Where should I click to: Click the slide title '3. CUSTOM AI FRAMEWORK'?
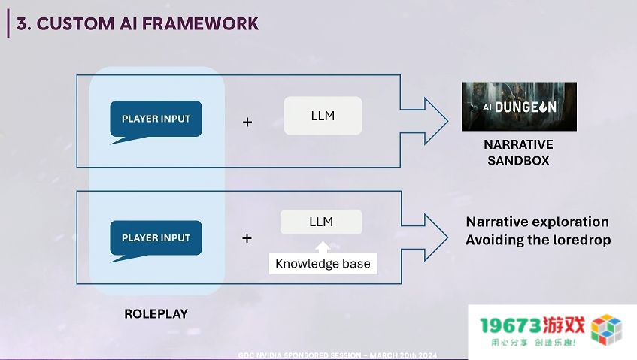pyautogui.click(x=138, y=23)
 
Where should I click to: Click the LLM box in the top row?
pyautogui.click(x=323, y=116)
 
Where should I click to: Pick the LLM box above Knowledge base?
pyautogui.click(x=321, y=222)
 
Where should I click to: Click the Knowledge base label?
pyautogui.click(x=323, y=263)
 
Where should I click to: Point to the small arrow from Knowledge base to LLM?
pyautogui.click(x=323, y=247)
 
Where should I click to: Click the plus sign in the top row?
pyautogui.click(x=247, y=122)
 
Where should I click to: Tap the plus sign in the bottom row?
pyautogui.click(x=247, y=237)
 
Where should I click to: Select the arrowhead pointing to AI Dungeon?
pyautogui.click(x=436, y=121)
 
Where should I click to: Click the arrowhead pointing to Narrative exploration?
pyautogui.click(x=436, y=237)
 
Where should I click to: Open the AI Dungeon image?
pyautogui.click(x=519, y=107)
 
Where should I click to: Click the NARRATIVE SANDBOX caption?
pyautogui.click(x=518, y=153)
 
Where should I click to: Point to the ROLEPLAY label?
pyautogui.click(x=156, y=313)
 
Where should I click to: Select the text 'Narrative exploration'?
pyautogui.click(x=538, y=222)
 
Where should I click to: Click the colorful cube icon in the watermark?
pyautogui.click(x=606, y=329)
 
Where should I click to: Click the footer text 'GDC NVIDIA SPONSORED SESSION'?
pyautogui.click(x=299, y=355)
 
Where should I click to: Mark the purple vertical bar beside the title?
pyautogui.click(x=8, y=23)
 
